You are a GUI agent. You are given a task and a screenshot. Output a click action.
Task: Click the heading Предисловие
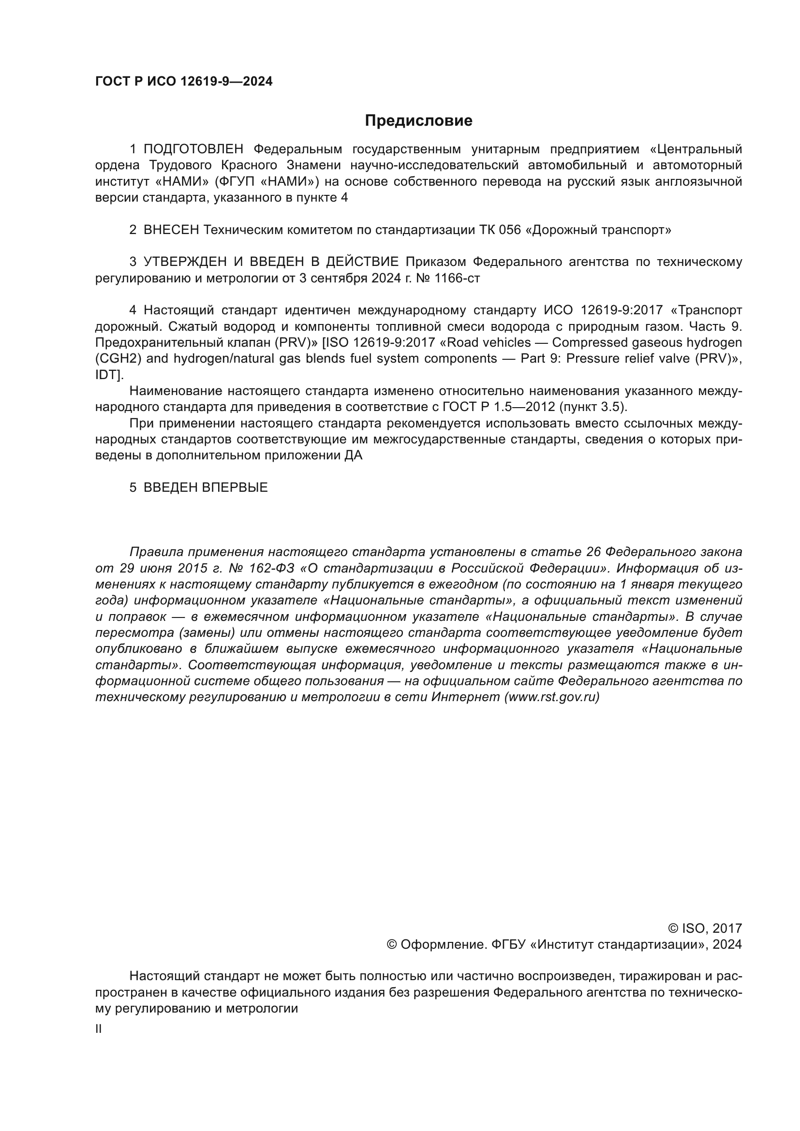point(418,121)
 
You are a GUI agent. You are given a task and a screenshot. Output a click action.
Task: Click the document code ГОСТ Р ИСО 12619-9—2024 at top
point(184,82)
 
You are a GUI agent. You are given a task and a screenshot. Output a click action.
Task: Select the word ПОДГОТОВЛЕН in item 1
point(193,149)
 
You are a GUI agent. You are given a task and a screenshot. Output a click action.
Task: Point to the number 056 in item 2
point(509,230)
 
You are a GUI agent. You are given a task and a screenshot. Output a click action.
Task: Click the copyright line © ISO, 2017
point(705,928)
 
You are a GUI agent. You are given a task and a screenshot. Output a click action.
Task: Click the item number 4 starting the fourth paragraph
point(133,310)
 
